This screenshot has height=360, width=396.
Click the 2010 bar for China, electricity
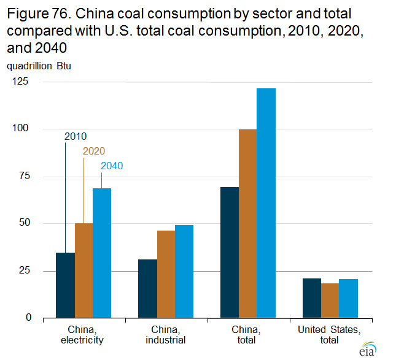tap(65, 285)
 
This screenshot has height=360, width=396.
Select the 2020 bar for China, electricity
tap(83, 270)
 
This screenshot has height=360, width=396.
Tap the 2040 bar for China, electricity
tap(102, 253)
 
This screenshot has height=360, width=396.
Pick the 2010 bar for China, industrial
tap(147, 288)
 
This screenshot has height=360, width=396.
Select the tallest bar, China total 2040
tap(266, 203)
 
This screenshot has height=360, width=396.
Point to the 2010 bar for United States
tap(312, 298)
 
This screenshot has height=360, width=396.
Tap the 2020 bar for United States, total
tap(330, 301)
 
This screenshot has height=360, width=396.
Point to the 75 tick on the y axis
tap(24, 176)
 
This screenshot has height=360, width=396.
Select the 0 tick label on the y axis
tap(28, 318)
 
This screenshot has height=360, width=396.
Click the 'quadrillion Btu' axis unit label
tap(39, 66)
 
